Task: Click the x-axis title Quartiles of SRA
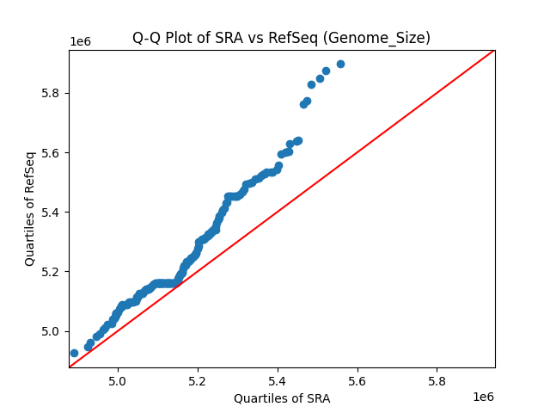tap(282, 398)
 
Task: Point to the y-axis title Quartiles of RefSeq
tap(30, 208)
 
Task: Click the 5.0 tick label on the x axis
tap(118, 380)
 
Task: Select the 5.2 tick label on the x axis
tap(198, 380)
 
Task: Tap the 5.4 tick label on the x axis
tap(278, 380)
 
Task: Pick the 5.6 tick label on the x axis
tap(357, 380)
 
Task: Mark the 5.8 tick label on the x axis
tap(437, 380)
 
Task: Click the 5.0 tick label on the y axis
tap(52, 331)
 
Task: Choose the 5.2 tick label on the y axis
tap(52, 272)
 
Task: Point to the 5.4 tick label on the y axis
tap(52, 213)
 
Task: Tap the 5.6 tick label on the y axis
tap(52, 153)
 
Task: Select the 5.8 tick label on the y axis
tap(52, 93)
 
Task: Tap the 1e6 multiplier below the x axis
tap(483, 397)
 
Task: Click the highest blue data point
tap(340, 64)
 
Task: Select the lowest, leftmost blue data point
tap(74, 353)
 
